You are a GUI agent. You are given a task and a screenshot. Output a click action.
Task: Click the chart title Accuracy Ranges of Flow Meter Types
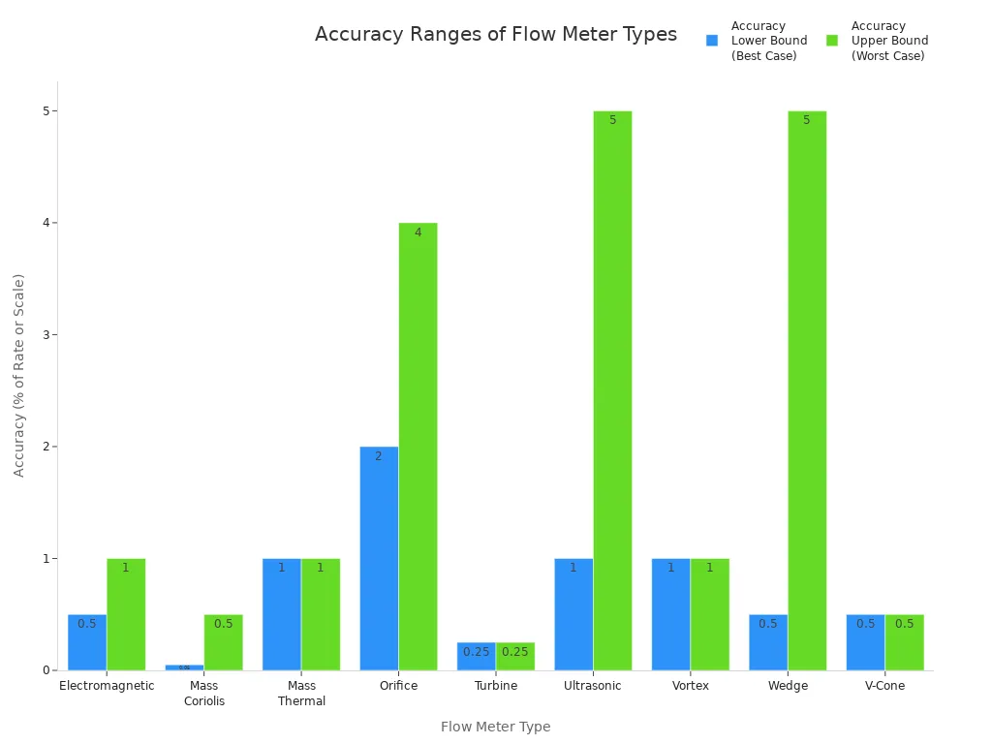495,35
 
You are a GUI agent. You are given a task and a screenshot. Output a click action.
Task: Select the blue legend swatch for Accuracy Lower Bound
712,41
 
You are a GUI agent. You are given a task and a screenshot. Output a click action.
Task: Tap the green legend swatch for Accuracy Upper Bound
832,41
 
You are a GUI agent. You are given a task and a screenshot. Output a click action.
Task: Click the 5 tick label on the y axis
46,111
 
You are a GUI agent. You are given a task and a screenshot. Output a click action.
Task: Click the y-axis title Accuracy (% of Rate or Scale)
19,375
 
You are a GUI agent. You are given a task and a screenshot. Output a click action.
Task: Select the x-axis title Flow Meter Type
495,727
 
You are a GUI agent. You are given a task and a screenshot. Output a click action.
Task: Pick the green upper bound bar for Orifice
418,447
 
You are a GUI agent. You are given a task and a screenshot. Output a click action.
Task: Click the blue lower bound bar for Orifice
379,558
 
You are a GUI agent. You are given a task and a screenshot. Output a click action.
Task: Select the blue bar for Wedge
768,642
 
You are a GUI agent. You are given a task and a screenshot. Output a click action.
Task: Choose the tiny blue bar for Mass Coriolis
184,667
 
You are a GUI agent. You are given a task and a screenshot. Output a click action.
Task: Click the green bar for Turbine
515,657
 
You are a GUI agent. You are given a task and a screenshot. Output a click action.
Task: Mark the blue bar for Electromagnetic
87,642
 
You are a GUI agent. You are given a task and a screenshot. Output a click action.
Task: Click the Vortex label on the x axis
691,686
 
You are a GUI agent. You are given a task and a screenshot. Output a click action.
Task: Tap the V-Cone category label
884,686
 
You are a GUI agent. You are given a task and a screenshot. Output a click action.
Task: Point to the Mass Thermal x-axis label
301,694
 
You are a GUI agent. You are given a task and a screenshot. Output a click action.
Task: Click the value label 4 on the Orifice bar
418,232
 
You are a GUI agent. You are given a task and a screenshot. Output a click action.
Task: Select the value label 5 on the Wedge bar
806,120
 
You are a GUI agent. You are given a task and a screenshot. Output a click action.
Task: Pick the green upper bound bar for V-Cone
904,642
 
